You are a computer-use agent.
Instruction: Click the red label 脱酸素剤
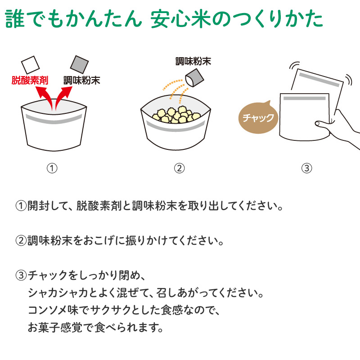point(30,81)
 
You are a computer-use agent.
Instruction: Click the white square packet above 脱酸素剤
point(30,65)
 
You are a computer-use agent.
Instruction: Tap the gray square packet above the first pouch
point(79,64)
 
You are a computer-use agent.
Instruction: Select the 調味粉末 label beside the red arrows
point(82,81)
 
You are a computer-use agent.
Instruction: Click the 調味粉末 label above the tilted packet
point(193,61)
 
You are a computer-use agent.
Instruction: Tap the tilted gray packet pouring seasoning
point(194,78)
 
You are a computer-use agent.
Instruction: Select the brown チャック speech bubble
point(258,118)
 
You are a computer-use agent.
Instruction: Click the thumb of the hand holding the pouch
point(322,124)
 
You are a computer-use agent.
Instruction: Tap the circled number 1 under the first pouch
point(52,168)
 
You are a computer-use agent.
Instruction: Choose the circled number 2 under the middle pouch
point(179,168)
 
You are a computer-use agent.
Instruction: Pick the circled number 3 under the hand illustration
point(307,168)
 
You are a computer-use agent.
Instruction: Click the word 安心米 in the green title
point(181,19)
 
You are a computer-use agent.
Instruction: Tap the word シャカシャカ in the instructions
point(58,293)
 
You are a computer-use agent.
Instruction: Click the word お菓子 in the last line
point(44,328)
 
